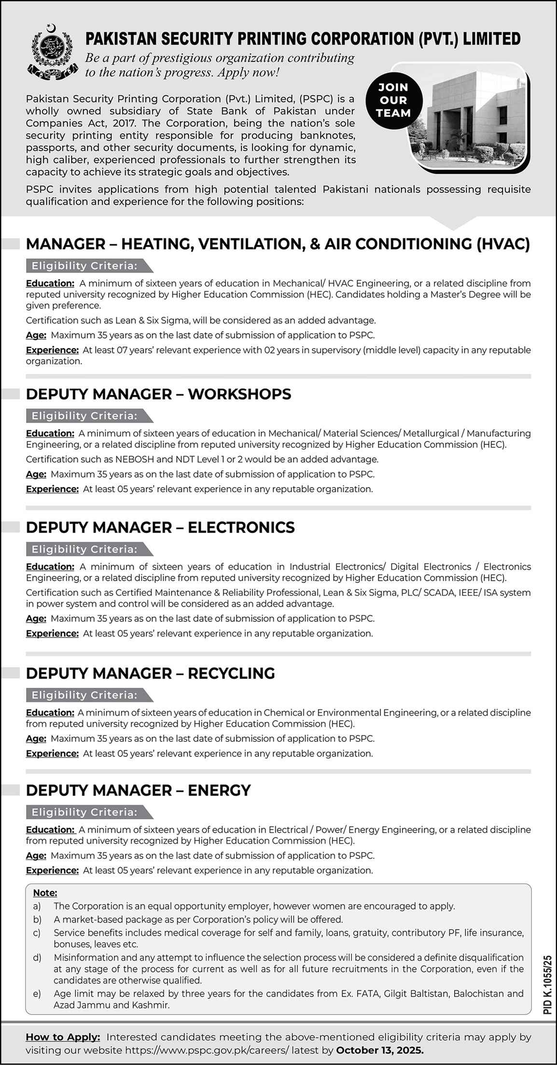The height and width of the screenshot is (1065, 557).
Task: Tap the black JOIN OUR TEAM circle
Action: pyautogui.click(x=394, y=100)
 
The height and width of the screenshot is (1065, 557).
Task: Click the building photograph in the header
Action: pyautogui.click(x=471, y=115)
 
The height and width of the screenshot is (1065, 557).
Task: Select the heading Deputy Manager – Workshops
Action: pyautogui.click(x=158, y=394)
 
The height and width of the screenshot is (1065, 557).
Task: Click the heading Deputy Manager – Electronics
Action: pyautogui.click(x=160, y=527)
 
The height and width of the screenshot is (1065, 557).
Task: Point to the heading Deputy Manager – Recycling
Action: pyautogui.click(x=150, y=673)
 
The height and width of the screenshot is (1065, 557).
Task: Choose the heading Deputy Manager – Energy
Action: pyautogui.click(x=139, y=790)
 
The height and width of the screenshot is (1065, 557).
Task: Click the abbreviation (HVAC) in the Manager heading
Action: pyautogui.click(x=503, y=244)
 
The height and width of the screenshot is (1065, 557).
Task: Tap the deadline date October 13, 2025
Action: pyautogui.click(x=380, y=1050)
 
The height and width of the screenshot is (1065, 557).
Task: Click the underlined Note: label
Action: pyautogui.click(x=45, y=893)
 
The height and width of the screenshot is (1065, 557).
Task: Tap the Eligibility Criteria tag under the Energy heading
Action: pyautogui.click(x=84, y=812)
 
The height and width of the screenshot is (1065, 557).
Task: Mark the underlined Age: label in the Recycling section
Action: pyautogui.click(x=36, y=738)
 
